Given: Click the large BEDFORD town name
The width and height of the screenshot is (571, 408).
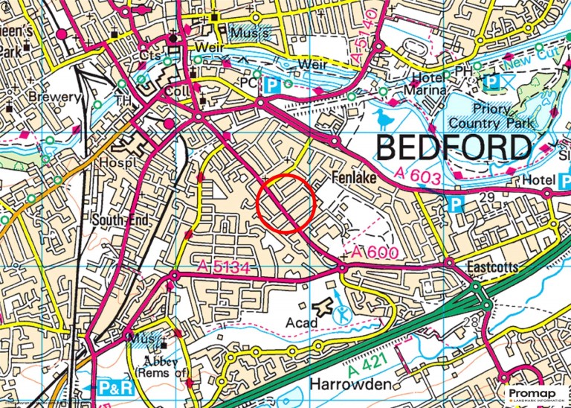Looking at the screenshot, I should [454, 148].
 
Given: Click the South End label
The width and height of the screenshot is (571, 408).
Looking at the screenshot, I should [122, 220].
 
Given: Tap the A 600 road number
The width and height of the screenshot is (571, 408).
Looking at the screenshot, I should [375, 253].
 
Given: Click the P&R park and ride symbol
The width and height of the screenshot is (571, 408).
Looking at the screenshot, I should [115, 388].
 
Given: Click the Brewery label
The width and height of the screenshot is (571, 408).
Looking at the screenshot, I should [54, 97].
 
